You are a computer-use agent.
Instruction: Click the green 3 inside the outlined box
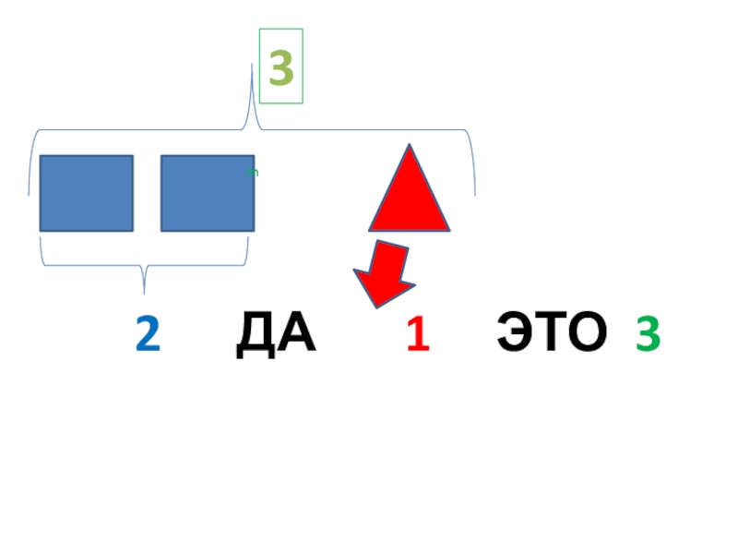tap(281, 66)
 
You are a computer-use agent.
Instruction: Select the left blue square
tap(86, 193)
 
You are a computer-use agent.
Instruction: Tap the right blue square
tap(207, 193)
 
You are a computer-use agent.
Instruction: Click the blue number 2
tap(148, 335)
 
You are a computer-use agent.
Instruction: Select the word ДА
tap(276, 335)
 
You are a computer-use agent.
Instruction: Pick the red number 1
tap(418, 335)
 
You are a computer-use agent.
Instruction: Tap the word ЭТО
tap(552, 333)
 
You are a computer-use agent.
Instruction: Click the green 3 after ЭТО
tap(648, 335)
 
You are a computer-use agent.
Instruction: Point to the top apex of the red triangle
tap(407, 146)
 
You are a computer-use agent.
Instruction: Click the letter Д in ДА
tap(255, 335)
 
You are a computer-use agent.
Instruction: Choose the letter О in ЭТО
tap(588, 333)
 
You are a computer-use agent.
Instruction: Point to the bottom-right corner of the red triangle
tap(448, 228)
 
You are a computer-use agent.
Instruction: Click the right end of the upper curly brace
tap(474, 194)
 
